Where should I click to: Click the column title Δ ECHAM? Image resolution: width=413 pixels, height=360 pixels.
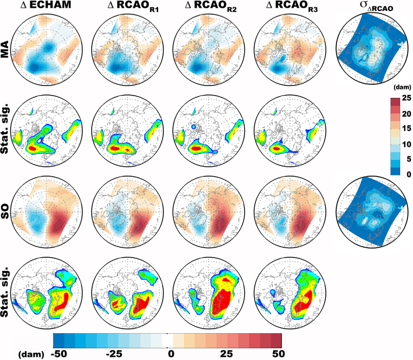pos(46,4)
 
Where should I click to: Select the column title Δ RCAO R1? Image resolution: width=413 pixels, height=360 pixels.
pos(133,6)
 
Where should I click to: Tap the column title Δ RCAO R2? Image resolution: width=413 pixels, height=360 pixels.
pos(211,6)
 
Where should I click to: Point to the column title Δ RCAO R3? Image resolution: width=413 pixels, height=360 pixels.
pos(292,6)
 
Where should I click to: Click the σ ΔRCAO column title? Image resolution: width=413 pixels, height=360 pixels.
pos(376,7)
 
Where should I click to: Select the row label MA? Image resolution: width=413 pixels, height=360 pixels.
pos(4,49)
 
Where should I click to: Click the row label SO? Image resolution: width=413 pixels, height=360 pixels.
pos(4,212)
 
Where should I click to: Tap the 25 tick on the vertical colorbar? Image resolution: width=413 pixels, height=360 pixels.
pos(407,98)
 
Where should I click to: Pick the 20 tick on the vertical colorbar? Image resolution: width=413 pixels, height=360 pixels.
pos(407,114)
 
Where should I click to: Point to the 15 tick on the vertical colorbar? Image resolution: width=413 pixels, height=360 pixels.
pos(407,129)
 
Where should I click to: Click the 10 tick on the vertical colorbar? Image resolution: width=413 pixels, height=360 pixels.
pos(407,144)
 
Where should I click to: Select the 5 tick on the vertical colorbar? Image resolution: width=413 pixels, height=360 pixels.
pos(409,159)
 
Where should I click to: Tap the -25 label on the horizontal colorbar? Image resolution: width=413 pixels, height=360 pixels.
pos(114,354)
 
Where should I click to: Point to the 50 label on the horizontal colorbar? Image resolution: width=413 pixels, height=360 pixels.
pos(279,354)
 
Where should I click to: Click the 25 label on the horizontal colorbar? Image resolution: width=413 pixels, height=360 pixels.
pos(226,354)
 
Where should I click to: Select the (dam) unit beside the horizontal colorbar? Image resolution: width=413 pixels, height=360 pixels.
pos(31,354)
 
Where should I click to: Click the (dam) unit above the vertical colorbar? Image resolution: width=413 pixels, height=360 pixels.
pos(402,87)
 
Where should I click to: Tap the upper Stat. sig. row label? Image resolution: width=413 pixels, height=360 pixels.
pos(4,131)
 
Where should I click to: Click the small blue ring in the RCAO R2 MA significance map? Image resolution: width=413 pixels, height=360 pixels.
pos(193,127)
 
